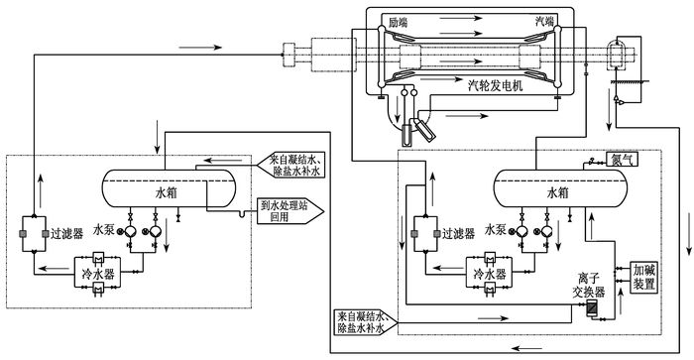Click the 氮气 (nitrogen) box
click(622, 160)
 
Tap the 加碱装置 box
click(643, 277)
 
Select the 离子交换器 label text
click(588, 286)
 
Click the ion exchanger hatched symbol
click(591, 308)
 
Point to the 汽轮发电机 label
click(496, 85)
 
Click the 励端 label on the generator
click(398, 22)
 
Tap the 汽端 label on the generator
click(544, 21)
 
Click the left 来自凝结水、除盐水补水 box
click(291, 166)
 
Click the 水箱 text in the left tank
click(167, 192)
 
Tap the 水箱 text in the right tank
click(558, 192)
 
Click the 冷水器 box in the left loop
click(98, 274)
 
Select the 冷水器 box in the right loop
click(489, 274)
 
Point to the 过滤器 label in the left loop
click(66, 233)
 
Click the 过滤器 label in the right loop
click(458, 233)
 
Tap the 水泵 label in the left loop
click(104, 229)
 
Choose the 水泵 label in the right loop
click(496, 229)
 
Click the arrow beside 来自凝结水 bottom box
click(494, 318)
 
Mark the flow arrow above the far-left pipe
click(199, 47)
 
